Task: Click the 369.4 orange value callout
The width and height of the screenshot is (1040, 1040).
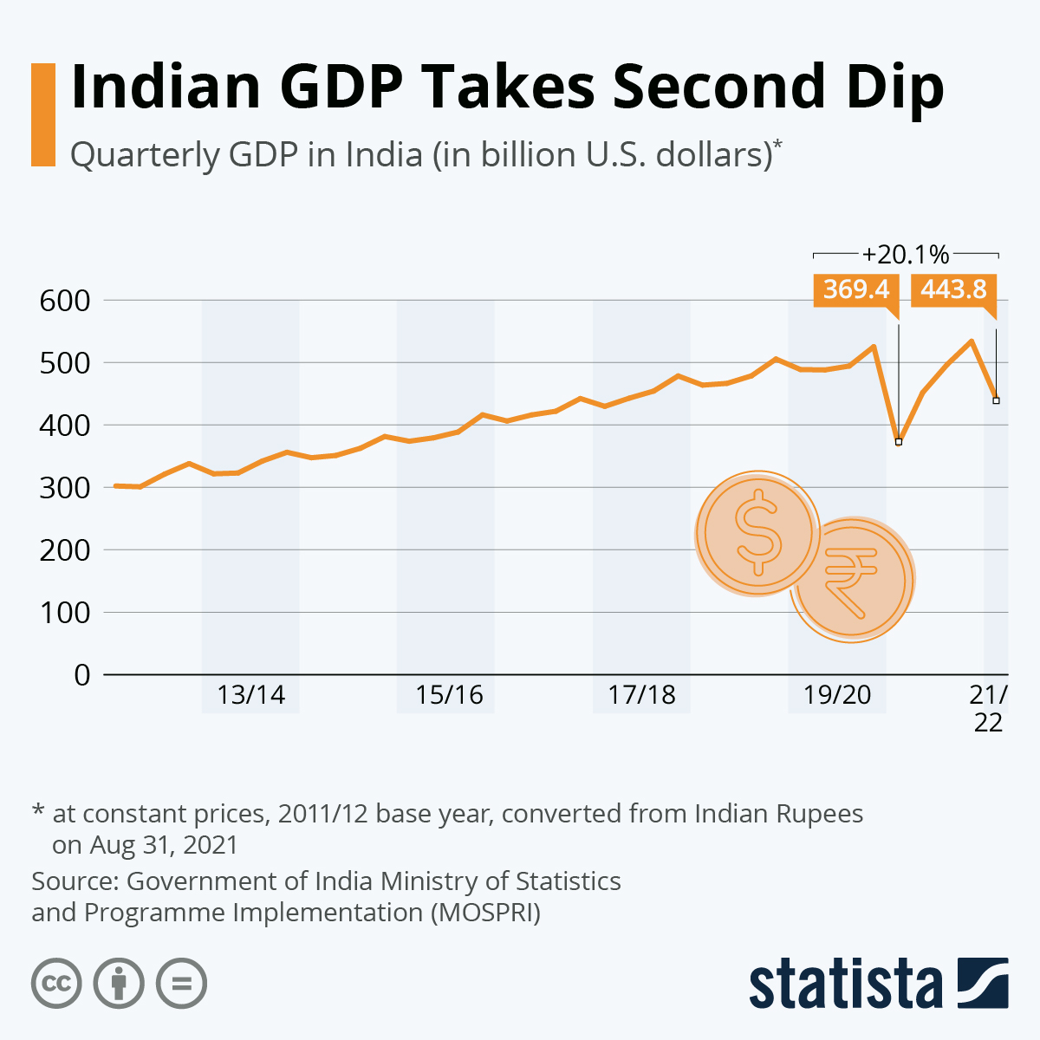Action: pyautogui.click(x=856, y=289)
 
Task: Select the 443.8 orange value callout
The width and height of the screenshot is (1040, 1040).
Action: pyautogui.click(x=953, y=289)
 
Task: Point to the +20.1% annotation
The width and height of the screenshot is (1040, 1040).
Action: pyautogui.click(x=906, y=255)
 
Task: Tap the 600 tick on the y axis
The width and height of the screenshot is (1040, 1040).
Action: pyautogui.click(x=65, y=301)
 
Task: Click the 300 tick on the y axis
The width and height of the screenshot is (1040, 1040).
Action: pyautogui.click(x=65, y=488)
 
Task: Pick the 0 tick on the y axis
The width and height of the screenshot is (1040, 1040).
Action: pyautogui.click(x=82, y=675)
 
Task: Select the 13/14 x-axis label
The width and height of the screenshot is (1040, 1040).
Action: pyautogui.click(x=250, y=695)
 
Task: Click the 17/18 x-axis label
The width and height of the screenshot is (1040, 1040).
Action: pyautogui.click(x=641, y=695)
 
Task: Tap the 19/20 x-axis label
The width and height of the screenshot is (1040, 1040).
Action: pyautogui.click(x=837, y=695)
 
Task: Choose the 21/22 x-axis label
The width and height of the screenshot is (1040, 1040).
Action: pyautogui.click(x=989, y=708)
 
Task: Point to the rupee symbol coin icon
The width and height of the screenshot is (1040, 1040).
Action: pyautogui.click(x=852, y=579)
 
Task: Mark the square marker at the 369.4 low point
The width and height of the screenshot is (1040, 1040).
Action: pyautogui.click(x=899, y=442)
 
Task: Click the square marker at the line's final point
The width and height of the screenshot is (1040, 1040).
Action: pyautogui.click(x=996, y=400)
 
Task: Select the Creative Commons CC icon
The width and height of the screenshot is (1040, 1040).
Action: pyautogui.click(x=56, y=984)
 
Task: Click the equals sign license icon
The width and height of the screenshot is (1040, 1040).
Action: pyautogui.click(x=181, y=984)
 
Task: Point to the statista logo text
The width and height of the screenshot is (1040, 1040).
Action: pyautogui.click(x=845, y=984)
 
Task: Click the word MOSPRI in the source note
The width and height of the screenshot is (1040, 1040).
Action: pyautogui.click(x=485, y=913)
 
